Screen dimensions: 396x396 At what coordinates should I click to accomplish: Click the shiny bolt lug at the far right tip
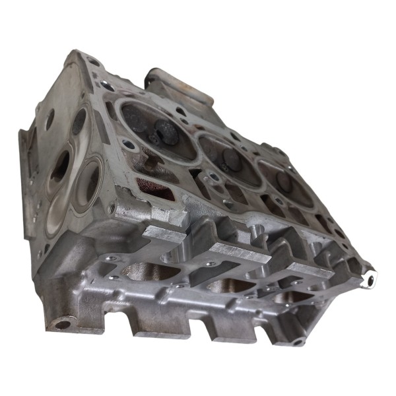pos(370,280)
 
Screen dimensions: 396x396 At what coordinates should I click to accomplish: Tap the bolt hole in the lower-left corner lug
pos(61,324)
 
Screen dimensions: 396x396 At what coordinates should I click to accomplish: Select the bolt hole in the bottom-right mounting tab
pos(298,342)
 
